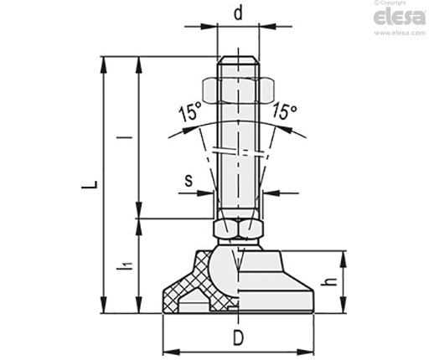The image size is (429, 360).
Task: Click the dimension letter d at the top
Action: point(238,13)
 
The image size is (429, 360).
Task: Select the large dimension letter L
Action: point(90,184)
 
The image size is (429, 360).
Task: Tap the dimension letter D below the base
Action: point(238,337)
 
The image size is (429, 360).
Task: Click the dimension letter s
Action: point(189,180)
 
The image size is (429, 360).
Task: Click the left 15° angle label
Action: point(190,111)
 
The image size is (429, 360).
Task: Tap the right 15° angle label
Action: point(284,111)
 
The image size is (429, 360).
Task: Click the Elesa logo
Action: point(400,18)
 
